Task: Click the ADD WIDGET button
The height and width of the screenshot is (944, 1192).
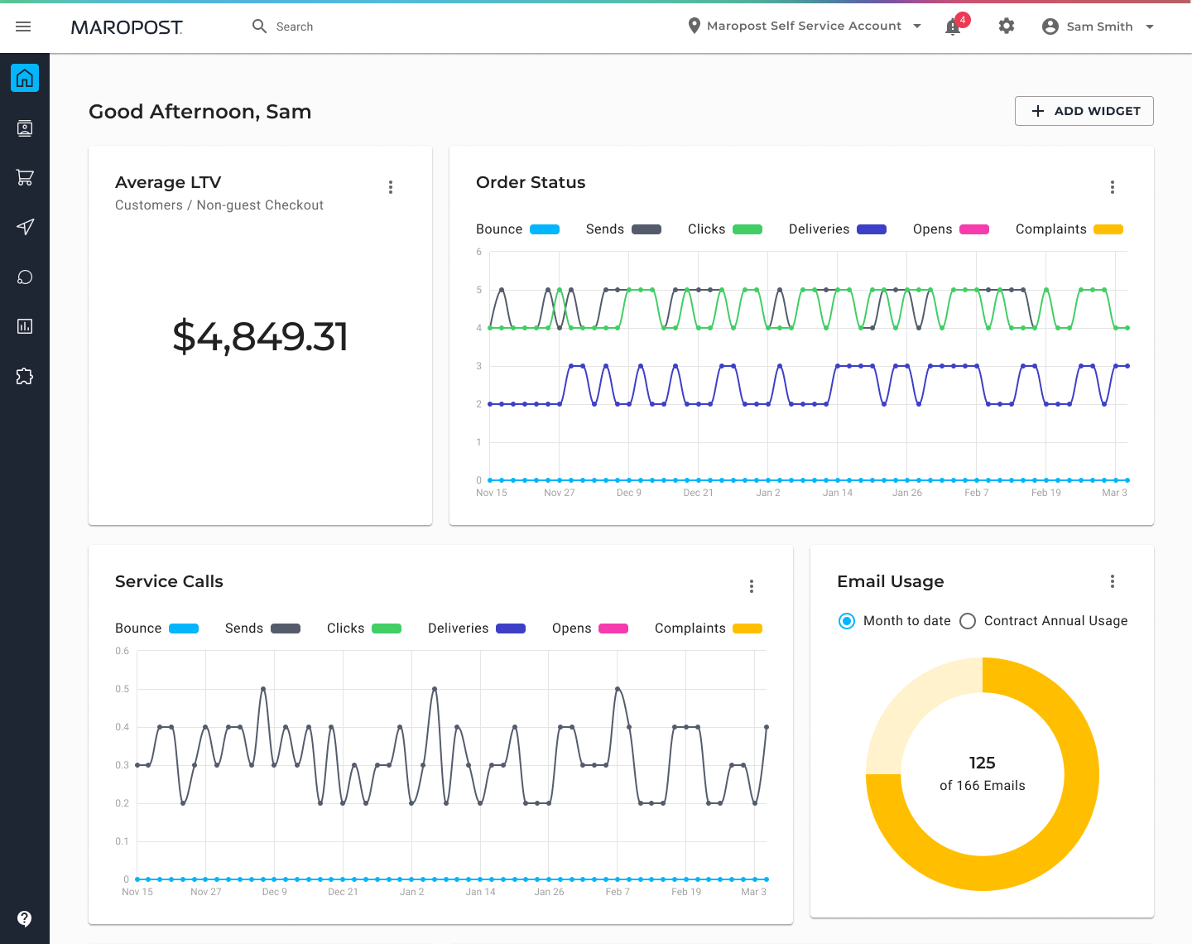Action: click(1084, 111)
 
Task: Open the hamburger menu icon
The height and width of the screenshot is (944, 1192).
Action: click(23, 26)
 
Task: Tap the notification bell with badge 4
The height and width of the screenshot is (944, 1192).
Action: click(954, 26)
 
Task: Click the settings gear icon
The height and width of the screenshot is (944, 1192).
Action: click(1006, 26)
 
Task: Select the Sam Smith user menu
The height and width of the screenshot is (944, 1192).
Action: click(1098, 26)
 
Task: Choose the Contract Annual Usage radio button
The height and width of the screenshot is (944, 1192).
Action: click(968, 621)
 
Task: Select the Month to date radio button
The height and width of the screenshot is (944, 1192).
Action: click(847, 621)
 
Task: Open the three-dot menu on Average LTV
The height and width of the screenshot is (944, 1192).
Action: click(391, 187)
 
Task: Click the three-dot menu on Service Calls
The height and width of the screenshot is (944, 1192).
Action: click(752, 586)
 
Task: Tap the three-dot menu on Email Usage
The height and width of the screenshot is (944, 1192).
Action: click(1113, 581)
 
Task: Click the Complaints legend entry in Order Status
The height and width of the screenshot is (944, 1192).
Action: click(1068, 229)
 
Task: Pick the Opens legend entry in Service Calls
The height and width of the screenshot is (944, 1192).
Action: click(589, 629)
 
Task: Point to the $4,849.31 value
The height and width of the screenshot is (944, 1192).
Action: click(260, 336)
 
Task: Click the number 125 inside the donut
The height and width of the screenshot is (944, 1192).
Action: click(982, 763)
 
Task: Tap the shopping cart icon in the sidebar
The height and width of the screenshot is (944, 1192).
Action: click(25, 177)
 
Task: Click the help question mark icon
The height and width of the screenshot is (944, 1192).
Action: click(25, 918)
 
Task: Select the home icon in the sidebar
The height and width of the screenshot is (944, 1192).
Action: click(25, 78)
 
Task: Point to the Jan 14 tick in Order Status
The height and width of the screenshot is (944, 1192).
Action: click(837, 493)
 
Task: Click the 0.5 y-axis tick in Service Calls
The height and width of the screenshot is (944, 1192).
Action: click(123, 689)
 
